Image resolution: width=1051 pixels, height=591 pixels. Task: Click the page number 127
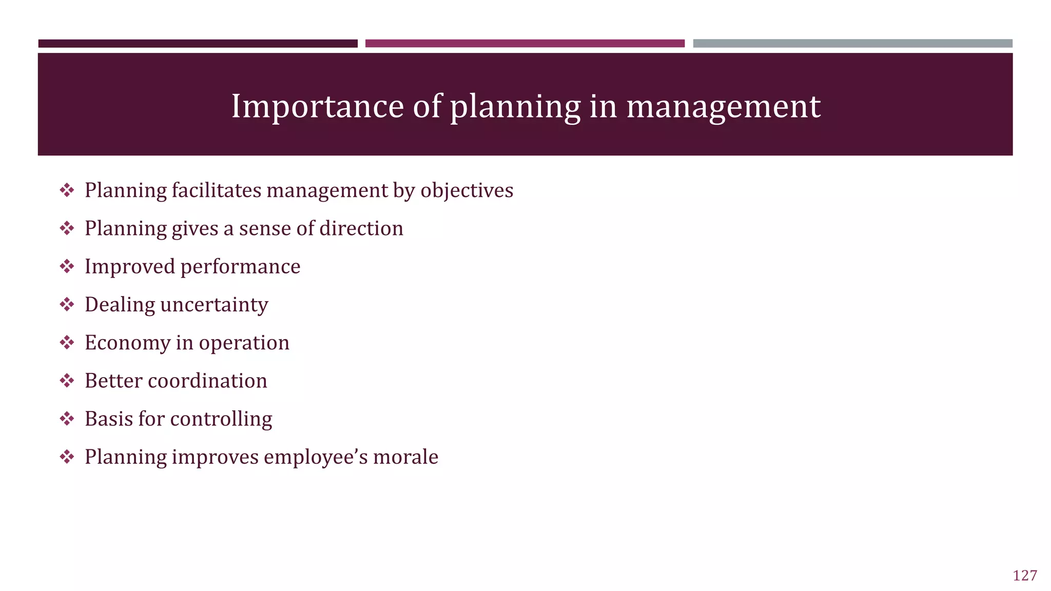point(1024,576)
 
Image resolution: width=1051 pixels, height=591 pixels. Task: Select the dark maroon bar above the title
point(198,44)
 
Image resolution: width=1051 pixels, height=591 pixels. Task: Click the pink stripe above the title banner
point(524,44)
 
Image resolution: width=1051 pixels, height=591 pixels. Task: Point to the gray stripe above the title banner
point(852,44)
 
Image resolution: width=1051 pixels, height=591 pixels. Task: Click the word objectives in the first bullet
point(466,190)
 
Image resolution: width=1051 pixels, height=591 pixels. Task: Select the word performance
point(240,267)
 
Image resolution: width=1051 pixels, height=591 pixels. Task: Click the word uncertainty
point(214,305)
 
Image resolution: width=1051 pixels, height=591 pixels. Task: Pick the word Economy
point(127,343)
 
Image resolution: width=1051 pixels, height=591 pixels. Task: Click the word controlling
point(221,419)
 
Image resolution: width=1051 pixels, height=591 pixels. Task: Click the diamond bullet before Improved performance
point(67,266)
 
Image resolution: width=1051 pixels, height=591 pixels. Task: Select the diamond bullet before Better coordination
point(67,381)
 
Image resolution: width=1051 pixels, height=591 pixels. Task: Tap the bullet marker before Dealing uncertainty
point(67,305)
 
